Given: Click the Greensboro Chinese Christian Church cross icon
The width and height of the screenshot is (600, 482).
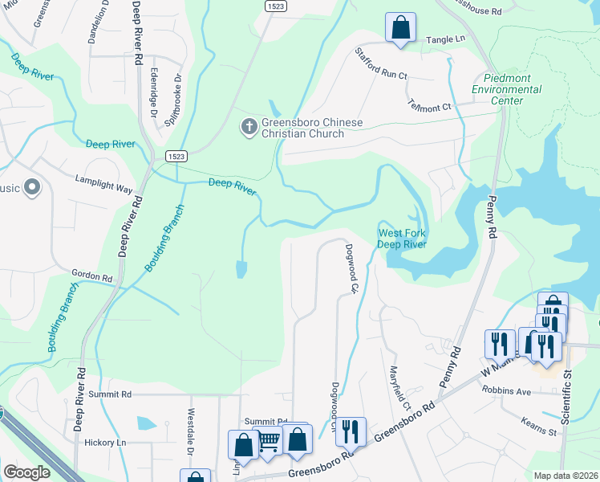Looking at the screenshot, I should point(249,127).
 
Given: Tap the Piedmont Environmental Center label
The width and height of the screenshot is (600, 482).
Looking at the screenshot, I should point(509,89).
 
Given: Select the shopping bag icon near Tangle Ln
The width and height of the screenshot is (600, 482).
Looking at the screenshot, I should point(399,27).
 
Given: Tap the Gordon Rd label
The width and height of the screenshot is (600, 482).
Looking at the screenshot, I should point(92,276).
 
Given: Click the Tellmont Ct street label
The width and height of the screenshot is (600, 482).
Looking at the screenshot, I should point(430,105).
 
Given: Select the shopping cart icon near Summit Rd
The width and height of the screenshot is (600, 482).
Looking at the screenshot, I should point(270,439).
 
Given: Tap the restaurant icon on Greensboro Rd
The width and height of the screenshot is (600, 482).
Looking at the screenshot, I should point(351,431).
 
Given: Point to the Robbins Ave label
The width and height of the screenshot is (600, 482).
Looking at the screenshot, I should point(507,392).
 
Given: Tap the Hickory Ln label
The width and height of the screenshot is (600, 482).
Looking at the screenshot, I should point(100,442).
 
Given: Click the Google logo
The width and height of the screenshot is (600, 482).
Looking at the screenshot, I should point(27,472).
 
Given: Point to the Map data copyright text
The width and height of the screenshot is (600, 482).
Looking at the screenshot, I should point(566,476).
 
